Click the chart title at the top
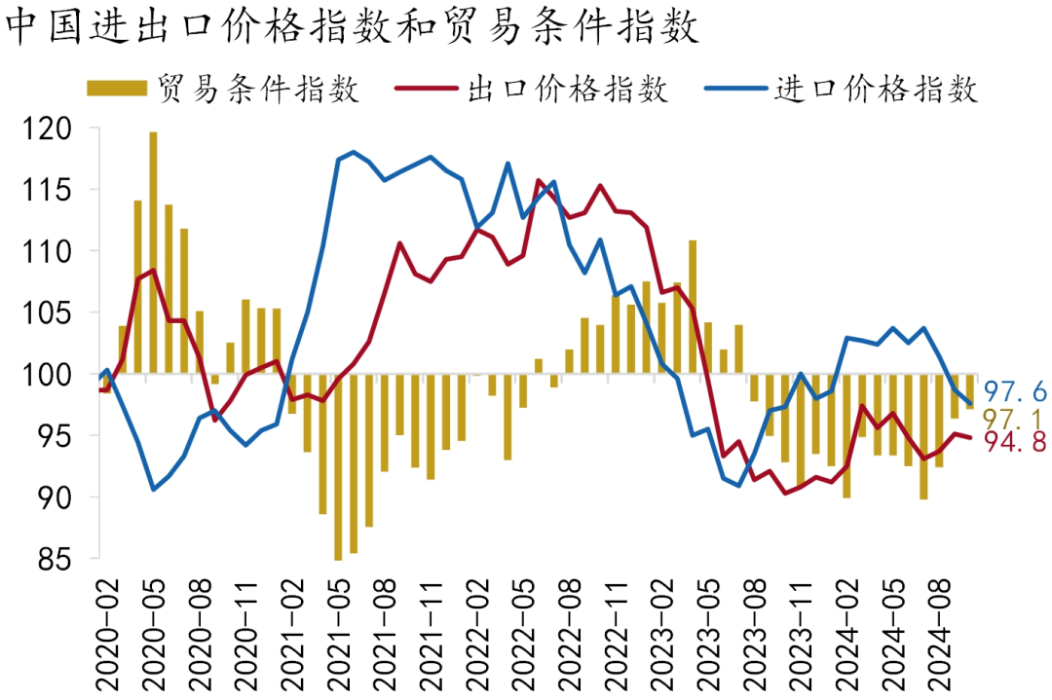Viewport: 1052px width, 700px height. pyautogui.click(x=353, y=28)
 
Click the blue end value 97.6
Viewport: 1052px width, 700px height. pyautogui.click(x=1012, y=391)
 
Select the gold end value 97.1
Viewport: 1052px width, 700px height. pyautogui.click(x=1012, y=419)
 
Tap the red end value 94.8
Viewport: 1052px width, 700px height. pyautogui.click(x=1012, y=443)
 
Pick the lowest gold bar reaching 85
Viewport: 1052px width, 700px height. pyautogui.click(x=338, y=467)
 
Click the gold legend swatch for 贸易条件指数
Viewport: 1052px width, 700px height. pyautogui.click(x=117, y=90)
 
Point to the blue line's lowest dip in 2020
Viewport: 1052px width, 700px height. pyautogui.click(x=154, y=489)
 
